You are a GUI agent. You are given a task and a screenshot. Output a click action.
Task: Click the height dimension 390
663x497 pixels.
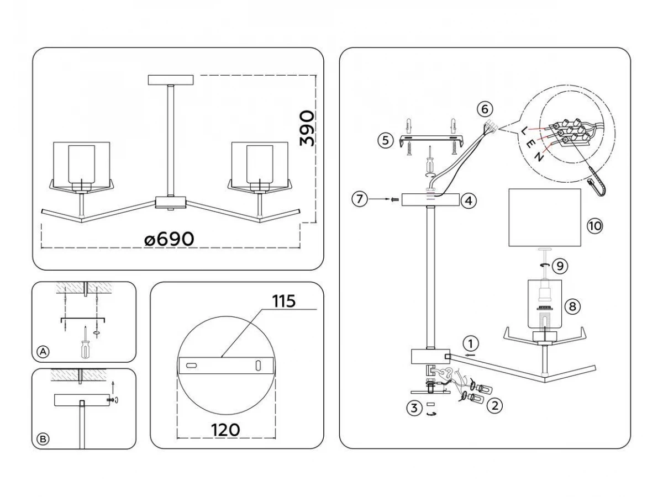click(307, 128)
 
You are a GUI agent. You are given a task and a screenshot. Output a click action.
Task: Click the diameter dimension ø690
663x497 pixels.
click(169, 239)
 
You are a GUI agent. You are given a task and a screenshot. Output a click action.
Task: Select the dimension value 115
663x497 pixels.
click(283, 302)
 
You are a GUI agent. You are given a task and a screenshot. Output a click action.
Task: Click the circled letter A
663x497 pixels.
click(43, 352)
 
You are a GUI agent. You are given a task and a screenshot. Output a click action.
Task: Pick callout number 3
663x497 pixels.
click(412, 409)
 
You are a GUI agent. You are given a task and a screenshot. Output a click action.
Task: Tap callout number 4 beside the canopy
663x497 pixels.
click(468, 201)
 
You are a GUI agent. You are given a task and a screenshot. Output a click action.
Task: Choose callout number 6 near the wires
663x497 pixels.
click(485, 109)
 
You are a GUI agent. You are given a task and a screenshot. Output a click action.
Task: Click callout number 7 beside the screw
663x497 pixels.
click(360, 199)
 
